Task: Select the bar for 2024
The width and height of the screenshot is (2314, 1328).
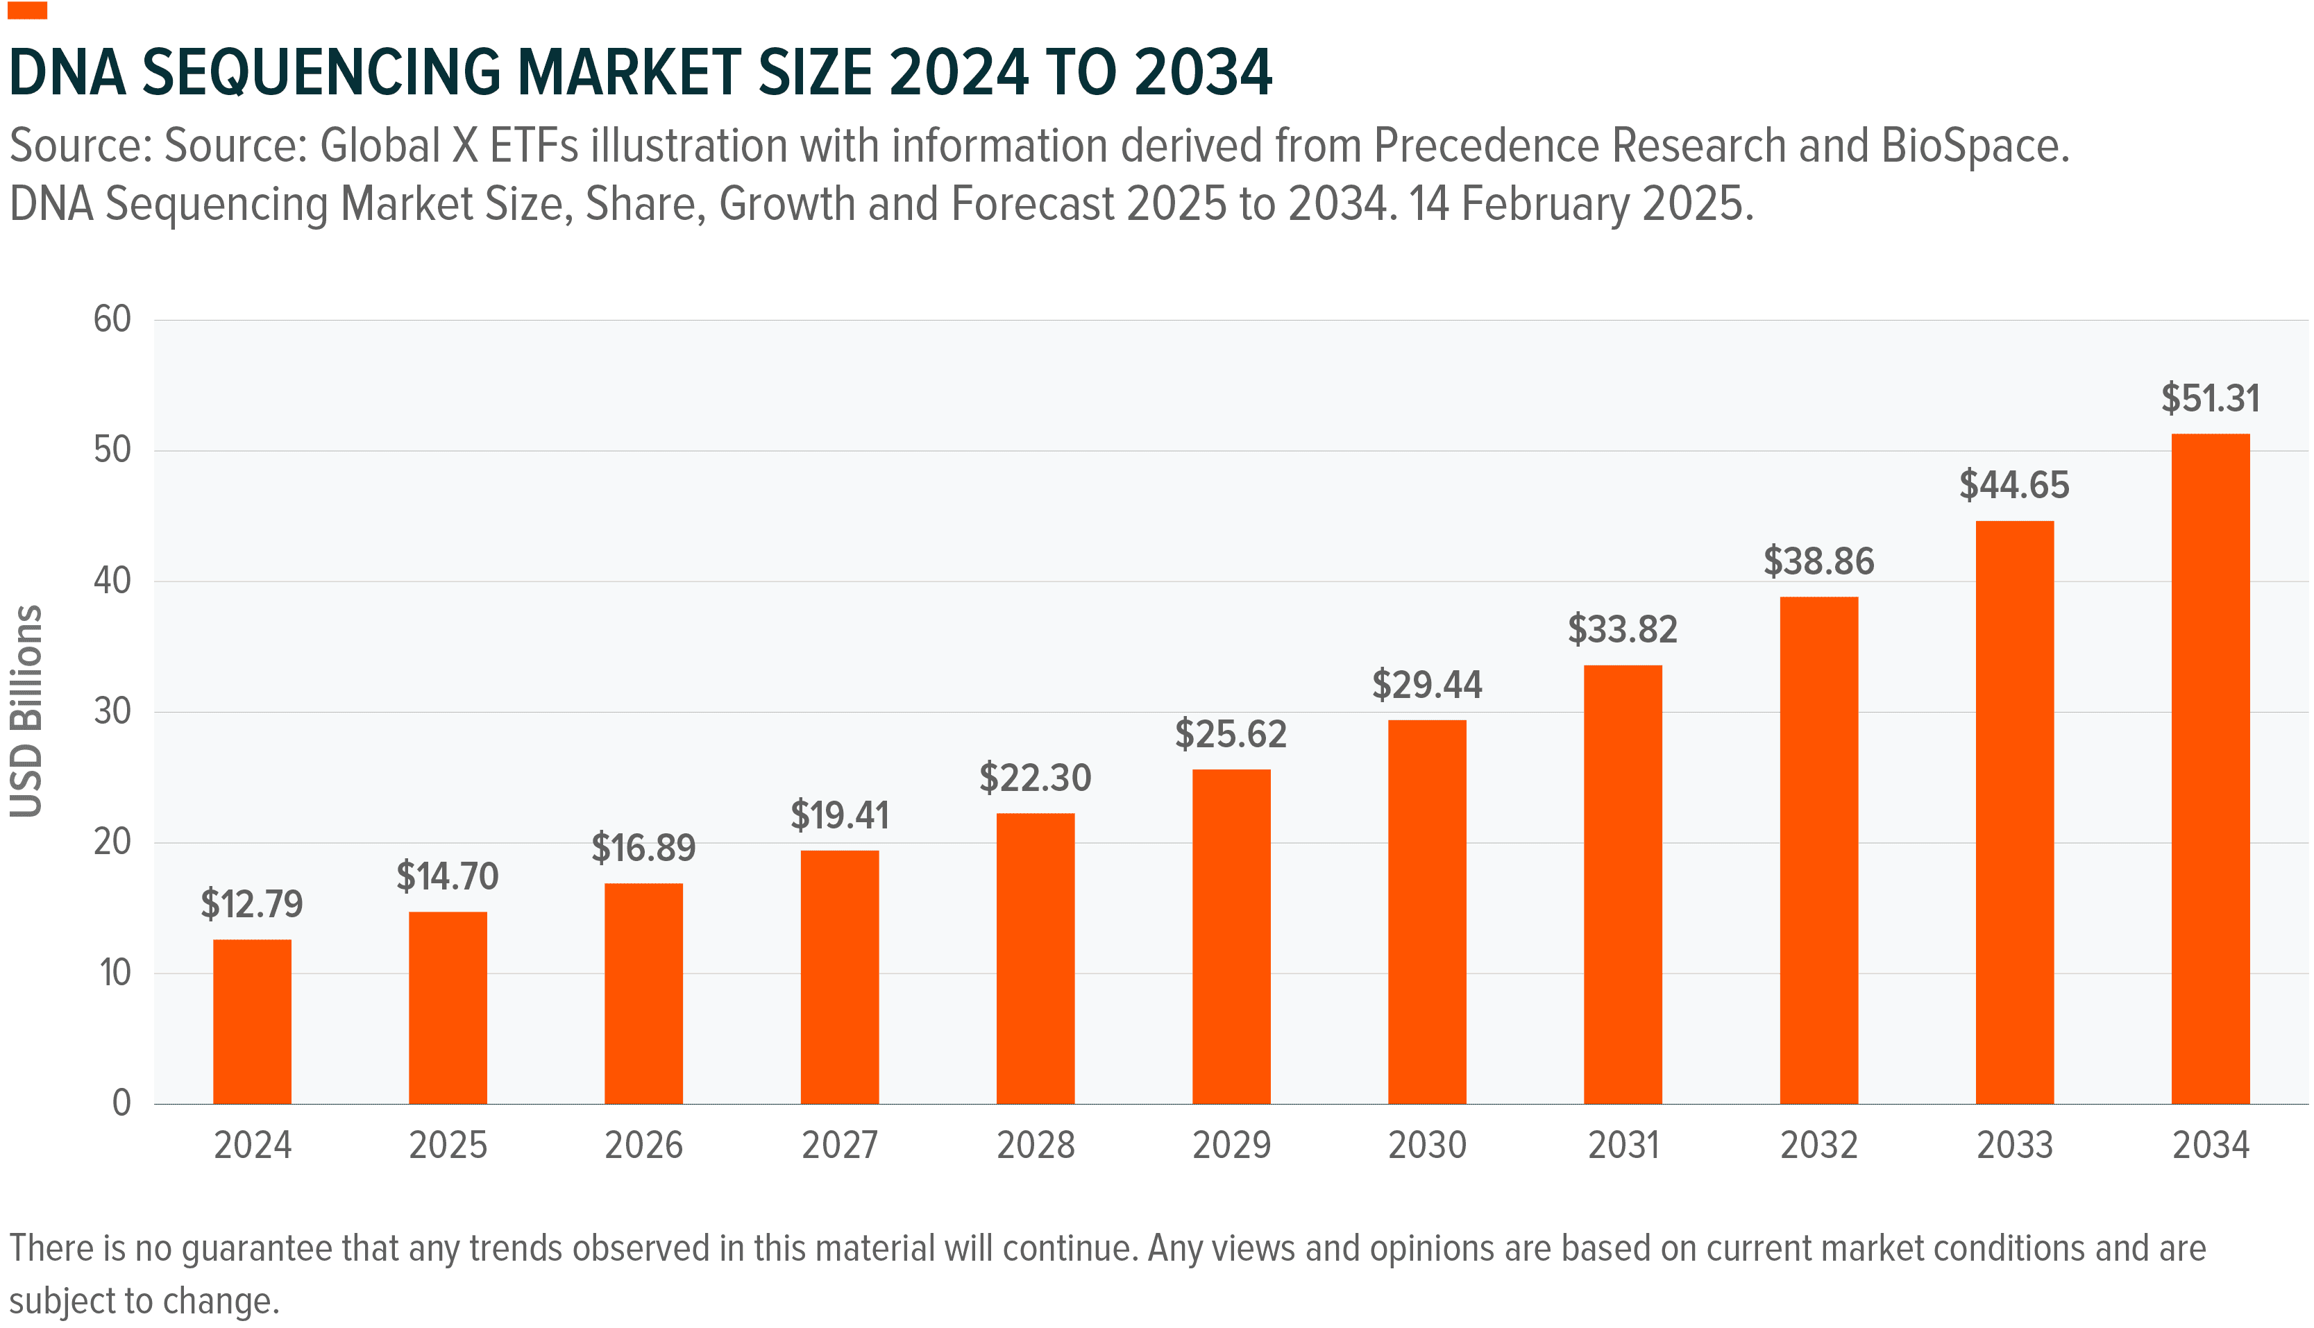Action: tap(252, 1021)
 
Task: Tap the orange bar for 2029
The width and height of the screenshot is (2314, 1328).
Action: tap(1231, 937)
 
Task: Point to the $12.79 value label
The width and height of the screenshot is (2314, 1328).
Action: tap(252, 904)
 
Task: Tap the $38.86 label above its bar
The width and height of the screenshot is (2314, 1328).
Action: tap(1818, 561)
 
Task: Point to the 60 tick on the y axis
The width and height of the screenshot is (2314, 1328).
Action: tap(112, 319)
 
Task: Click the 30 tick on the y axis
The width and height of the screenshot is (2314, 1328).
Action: tap(112, 711)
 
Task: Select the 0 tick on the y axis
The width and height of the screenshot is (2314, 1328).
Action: tap(121, 1104)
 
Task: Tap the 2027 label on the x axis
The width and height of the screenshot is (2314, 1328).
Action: tap(839, 1146)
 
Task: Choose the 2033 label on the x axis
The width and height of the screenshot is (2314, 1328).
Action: tap(2014, 1146)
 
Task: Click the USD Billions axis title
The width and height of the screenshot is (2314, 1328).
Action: tap(26, 711)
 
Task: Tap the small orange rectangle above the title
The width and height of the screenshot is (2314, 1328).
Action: tap(26, 10)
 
